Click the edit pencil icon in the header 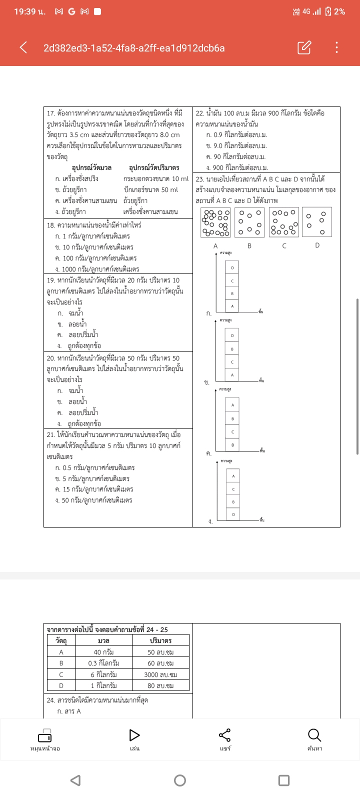(304, 47)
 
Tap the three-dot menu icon (336, 47)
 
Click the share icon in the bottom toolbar (225, 735)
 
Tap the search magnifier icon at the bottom (314, 735)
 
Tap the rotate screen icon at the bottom (45, 736)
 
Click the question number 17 (50, 113)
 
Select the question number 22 (199, 113)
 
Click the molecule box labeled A (215, 222)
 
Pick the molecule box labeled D (317, 222)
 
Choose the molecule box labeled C (284, 222)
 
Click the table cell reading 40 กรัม (103, 652)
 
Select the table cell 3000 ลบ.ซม (160, 674)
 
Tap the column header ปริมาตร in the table (160, 640)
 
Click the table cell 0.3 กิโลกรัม (103, 663)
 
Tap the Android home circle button (180, 780)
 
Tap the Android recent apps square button (284, 780)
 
